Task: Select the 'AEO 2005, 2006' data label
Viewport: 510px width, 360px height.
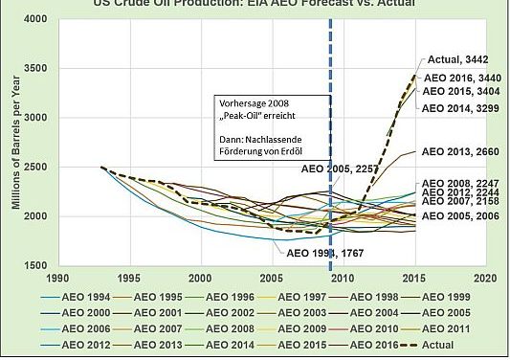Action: click(461, 216)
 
